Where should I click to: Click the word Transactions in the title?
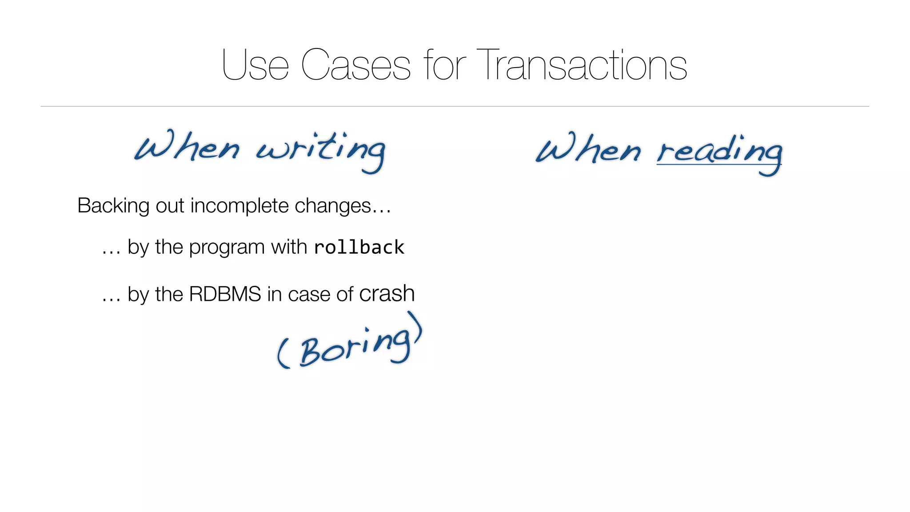(582, 65)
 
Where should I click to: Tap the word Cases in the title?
(355, 65)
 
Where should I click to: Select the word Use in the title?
(255, 65)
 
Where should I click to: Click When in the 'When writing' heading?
(187, 147)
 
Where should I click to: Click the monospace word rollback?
(359, 247)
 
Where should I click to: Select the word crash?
(387, 294)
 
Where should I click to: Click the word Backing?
(113, 206)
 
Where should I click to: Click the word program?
(226, 248)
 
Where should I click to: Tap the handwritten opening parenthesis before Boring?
(283, 353)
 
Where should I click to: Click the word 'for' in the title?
(445, 65)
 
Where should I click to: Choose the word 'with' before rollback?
(289, 247)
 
